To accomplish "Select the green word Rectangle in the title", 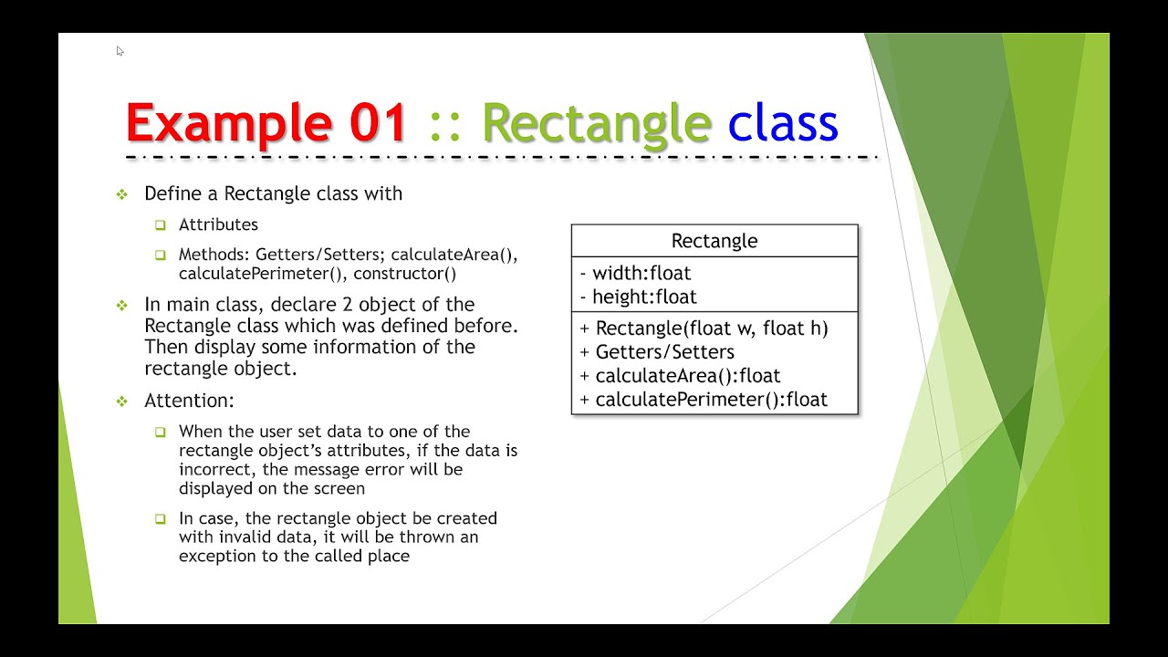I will [596, 123].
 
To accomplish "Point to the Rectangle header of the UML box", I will [714, 241].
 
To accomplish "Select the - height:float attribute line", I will [638, 297].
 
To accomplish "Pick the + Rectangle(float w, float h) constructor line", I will [704, 328].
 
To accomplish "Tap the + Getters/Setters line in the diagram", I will [657, 351].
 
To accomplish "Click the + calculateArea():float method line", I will [680, 375].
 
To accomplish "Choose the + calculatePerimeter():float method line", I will [704, 399].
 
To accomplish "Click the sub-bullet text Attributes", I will [218, 224].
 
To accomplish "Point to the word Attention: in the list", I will [190, 401].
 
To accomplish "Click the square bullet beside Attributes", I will [161, 225].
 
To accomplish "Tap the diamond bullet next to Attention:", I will [122, 401].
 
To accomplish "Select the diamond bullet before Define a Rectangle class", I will [122, 194].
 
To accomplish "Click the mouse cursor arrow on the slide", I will [120, 51].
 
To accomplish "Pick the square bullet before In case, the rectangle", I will [161, 519].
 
